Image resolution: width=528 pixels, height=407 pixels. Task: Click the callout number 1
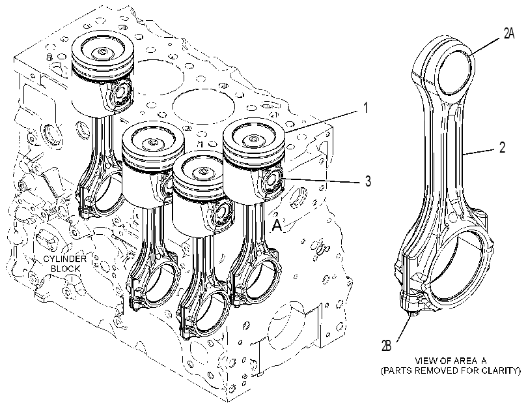pos(365,108)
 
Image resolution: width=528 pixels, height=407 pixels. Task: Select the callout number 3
pos(368,181)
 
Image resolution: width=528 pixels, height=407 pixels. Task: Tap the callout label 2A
pos(509,33)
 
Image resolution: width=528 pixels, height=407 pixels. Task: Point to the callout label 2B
pos(386,345)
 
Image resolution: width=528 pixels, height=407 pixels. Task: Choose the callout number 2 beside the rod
pos(502,147)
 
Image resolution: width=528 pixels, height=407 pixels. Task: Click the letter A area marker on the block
pos(277,226)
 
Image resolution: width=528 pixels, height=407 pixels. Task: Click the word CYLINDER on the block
pos(64,259)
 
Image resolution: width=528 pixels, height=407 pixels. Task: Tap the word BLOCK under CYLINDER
pos(66,269)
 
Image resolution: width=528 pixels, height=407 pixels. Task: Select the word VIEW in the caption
pos(424,361)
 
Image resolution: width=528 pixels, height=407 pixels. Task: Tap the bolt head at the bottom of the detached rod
pos(412,314)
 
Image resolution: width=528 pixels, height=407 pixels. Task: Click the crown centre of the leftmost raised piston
pos(102,52)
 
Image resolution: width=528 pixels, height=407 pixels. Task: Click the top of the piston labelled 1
pos(255,138)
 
